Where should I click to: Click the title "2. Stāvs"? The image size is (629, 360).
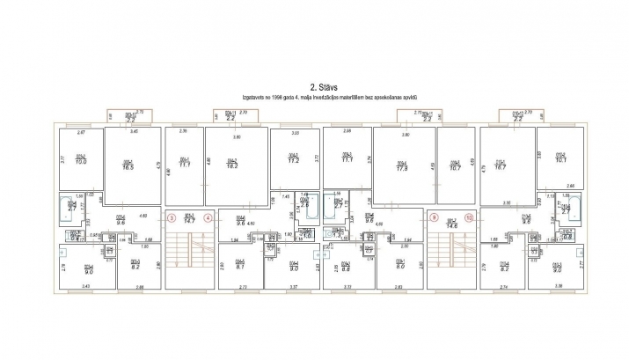(x=313, y=87)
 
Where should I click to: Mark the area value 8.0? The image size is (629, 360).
(x=399, y=265)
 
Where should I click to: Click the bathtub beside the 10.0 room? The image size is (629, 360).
(x=69, y=209)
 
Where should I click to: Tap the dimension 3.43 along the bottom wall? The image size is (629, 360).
(x=85, y=287)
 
